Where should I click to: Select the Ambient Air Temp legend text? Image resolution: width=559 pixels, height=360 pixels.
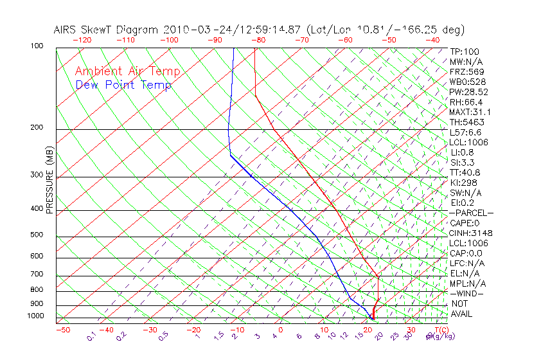click(x=127, y=71)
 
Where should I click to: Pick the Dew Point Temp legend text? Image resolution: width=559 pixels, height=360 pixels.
click(x=123, y=85)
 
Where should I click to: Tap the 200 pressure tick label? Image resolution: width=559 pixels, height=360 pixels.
click(x=37, y=128)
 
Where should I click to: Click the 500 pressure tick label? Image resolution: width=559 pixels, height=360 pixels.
click(x=37, y=235)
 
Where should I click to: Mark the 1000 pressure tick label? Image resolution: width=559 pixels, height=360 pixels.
click(x=35, y=316)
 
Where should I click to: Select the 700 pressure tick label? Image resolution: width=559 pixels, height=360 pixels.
click(x=37, y=275)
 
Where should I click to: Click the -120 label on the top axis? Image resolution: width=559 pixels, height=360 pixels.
click(x=82, y=40)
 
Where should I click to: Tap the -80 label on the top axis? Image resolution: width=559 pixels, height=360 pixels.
click(x=258, y=40)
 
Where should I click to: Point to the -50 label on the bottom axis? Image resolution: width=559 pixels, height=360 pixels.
click(x=62, y=330)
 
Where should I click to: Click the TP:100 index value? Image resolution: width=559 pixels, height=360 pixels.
click(x=464, y=51)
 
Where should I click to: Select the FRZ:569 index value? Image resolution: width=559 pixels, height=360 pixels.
click(x=466, y=71)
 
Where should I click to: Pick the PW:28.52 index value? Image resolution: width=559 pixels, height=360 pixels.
click(x=468, y=92)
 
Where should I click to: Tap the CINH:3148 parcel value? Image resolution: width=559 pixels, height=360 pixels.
click(x=470, y=233)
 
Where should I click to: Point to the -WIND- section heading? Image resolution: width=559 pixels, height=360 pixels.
click(x=467, y=294)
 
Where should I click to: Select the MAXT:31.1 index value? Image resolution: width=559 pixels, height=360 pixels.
click(x=470, y=112)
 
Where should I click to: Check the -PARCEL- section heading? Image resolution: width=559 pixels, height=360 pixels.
click(x=471, y=213)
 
